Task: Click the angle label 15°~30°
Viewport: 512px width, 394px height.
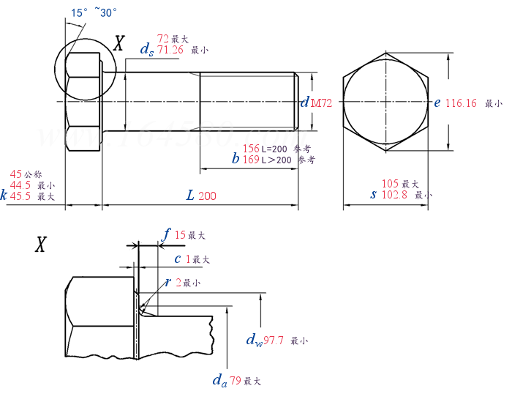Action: point(94,12)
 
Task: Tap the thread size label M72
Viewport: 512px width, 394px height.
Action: point(322,104)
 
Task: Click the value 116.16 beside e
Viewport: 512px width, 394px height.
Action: point(461,103)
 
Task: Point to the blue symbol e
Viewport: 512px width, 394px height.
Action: point(437,103)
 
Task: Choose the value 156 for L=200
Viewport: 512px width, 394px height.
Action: point(251,148)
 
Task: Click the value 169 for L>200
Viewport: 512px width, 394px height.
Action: point(251,159)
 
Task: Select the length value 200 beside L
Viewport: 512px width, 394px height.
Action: point(207,196)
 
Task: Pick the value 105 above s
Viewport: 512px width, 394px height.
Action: point(390,184)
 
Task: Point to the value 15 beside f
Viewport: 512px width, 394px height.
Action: point(180,235)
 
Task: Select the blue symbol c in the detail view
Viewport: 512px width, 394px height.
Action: point(177,259)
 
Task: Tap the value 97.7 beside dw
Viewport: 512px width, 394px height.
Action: point(276,341)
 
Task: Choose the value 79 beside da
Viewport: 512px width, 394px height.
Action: point(236,381)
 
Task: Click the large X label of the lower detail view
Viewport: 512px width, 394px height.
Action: point(41,245)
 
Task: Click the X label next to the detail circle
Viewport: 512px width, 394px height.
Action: point(118,42)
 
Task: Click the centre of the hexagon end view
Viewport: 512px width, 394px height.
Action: point(385,103)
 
